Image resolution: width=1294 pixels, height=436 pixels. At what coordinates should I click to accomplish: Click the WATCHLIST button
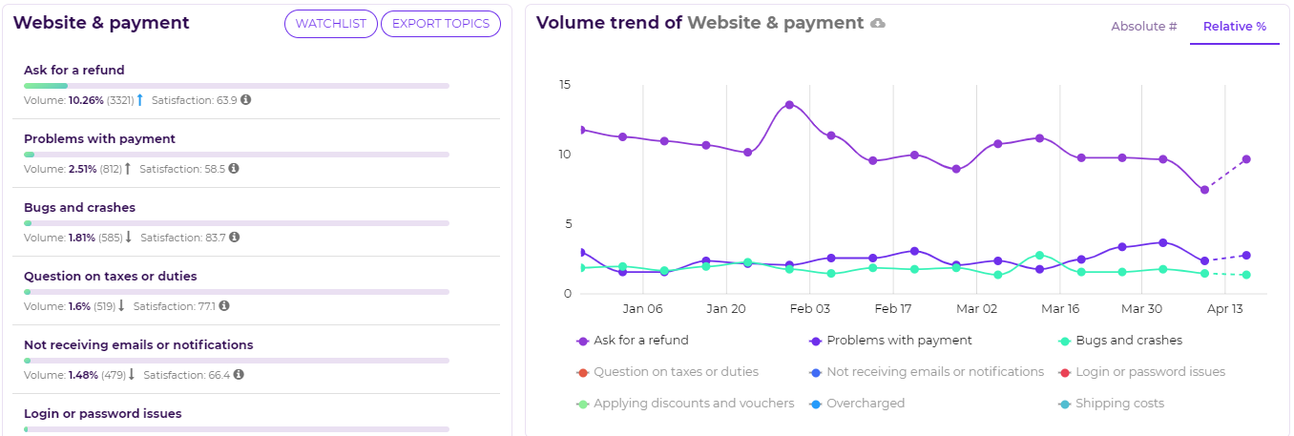[330, 24]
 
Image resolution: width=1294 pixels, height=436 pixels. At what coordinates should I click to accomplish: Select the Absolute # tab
[1143, 27]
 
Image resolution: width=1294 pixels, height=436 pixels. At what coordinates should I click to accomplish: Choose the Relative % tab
[1234, 27]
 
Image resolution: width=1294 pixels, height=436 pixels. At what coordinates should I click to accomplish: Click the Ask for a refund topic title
[74, 71]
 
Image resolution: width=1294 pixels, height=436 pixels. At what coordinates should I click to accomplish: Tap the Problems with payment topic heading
[99, 139]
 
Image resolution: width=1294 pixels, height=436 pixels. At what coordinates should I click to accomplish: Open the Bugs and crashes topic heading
[79, 208]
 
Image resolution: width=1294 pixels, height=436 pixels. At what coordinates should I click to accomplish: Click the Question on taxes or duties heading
[110, 277]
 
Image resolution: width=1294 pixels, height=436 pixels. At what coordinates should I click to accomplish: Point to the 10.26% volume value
[86, 100]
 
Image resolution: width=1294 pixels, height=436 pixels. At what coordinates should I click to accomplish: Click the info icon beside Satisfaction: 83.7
[235, 238]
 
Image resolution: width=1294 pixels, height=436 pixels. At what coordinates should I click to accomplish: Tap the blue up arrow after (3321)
[139, 100]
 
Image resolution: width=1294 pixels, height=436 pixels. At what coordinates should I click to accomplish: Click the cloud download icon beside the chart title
[878, 23]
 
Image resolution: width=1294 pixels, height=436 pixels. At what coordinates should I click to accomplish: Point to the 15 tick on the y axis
[565, 85]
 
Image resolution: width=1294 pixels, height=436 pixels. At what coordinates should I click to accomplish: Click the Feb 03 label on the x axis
[810, 309]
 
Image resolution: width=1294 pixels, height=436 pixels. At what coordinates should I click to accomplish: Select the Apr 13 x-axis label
[1224, 309]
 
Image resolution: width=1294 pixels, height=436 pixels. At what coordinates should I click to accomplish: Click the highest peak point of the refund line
[789, 105]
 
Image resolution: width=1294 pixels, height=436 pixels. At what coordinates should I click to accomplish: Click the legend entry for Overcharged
[865, 404]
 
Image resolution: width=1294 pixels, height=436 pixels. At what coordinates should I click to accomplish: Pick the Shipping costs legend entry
[1119, 404]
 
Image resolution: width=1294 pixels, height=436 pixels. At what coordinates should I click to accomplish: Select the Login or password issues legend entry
[1150, 372]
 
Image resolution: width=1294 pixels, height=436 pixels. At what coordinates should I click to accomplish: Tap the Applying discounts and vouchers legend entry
[693, 404]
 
